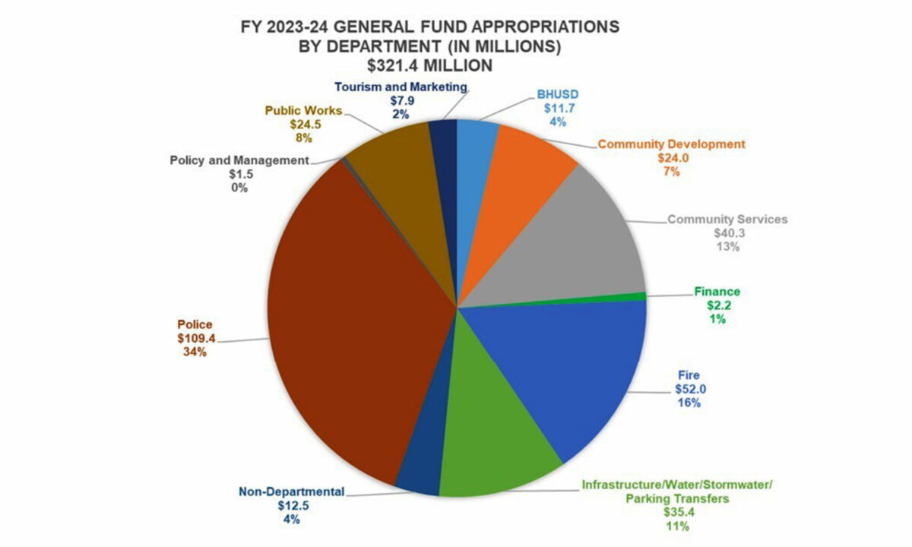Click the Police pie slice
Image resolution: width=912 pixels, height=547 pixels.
[342, 319]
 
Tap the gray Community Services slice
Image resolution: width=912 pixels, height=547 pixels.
[578, 243]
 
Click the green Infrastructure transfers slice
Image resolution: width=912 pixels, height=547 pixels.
[494, 448]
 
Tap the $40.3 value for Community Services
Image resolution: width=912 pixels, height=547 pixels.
[727, 233]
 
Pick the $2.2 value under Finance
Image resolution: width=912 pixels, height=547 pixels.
[717, 305]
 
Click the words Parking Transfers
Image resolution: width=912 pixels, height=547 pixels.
[677, 498]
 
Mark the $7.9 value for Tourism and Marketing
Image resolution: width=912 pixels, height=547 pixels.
[401, 101]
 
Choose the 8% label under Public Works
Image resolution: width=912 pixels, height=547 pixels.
[303, 138]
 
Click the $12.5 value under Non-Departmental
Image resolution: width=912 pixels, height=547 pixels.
[292, 505]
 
